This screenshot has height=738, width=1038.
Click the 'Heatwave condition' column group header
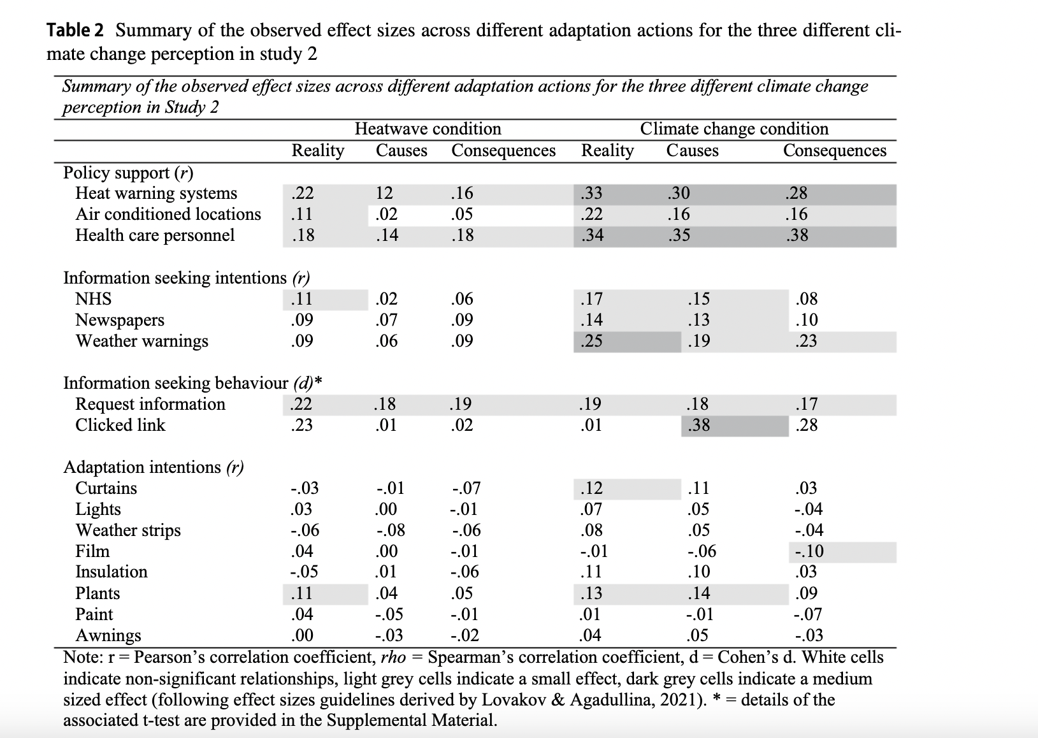click(428, 129)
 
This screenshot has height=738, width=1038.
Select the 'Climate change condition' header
click(734, 129)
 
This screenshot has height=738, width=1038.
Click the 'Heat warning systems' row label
click(156, 193)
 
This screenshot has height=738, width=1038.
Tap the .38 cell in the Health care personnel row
click(797, 235)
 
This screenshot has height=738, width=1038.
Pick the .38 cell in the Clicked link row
click(699, 425)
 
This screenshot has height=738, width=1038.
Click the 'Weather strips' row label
click(128, 530)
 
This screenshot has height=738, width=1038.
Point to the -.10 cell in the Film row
click(809, 551)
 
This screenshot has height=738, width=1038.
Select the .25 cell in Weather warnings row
click(591, 341)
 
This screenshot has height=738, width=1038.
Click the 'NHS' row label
click(93, 299)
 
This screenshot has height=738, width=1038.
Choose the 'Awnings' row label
click(108, 635)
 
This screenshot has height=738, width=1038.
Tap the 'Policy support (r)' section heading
click(128, 173)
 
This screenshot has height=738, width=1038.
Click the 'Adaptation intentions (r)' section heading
click(154, 467)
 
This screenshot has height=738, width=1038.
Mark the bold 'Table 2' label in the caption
click(77, 30)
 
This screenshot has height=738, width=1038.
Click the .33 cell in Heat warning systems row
click(591, 193)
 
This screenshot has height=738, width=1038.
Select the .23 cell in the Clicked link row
click(301, 425)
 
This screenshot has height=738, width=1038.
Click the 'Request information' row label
click(150, 404)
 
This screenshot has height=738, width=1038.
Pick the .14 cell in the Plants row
click(699, 593)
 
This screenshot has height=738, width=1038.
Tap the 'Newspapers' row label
click(120, 320)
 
